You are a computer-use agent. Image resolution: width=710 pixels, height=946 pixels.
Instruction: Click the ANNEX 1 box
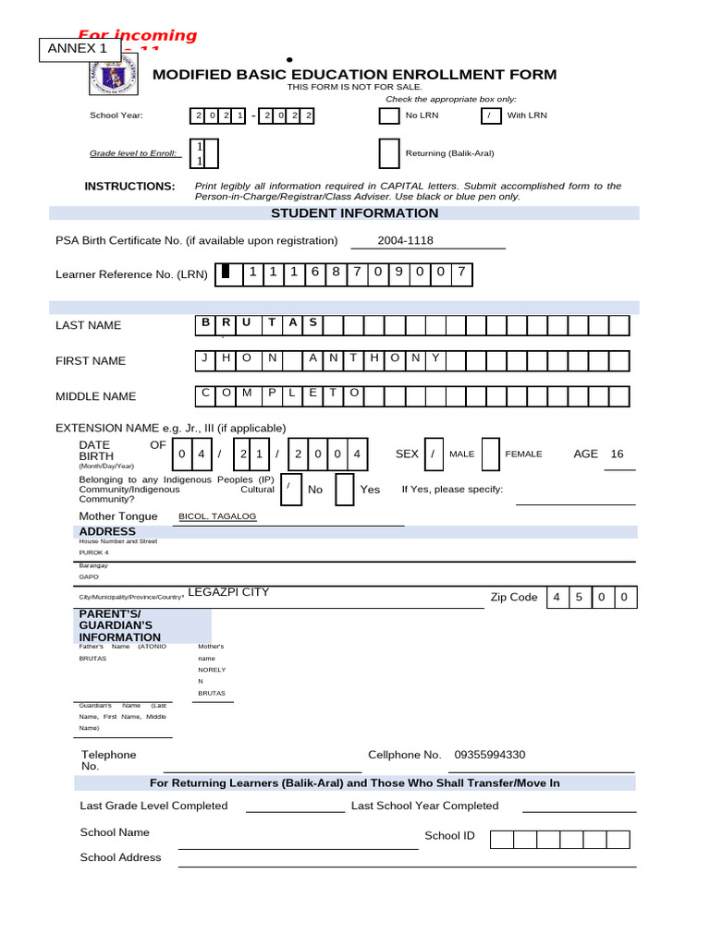coord(78,49)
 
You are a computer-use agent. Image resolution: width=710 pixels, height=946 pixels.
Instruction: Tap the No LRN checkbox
coord(388,115)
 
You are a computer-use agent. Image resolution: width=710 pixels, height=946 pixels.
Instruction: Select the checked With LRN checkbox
coord(491,115)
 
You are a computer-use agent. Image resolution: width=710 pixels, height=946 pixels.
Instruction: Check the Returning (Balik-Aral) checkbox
coord(389,152)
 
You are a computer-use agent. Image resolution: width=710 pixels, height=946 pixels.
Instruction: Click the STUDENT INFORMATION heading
coord(354,213)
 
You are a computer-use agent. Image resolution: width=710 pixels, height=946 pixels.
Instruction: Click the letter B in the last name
coord(205,322)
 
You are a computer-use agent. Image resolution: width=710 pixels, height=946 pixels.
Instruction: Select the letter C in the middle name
coord(205,393)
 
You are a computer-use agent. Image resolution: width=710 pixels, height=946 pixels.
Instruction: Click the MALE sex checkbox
coord(432,454)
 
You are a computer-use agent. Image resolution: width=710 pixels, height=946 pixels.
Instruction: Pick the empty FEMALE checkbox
coord(492,454)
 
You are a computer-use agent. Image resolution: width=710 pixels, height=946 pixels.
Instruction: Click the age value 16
coord(618,454)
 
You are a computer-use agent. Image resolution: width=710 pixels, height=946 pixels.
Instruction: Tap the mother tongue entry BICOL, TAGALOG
coord(217,516)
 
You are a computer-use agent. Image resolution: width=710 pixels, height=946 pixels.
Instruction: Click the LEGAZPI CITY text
coord(228,592)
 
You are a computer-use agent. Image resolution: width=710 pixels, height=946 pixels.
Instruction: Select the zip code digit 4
coord(557,597)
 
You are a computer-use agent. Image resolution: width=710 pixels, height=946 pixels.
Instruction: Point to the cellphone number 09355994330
coord(489,755)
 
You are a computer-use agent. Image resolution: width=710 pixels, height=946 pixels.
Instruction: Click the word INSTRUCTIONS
coord(129,187)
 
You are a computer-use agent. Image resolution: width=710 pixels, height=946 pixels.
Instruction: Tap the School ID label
coord(449,836)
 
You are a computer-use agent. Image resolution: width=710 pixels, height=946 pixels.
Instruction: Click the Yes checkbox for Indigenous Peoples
coord(344,490)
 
